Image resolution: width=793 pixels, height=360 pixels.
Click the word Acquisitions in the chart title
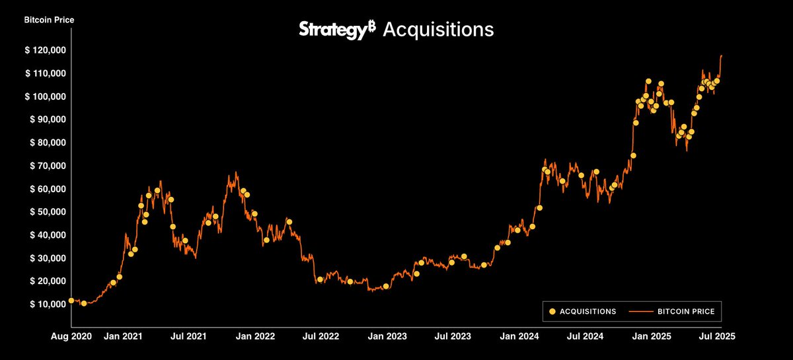pyautogui.click(x=438, y=30)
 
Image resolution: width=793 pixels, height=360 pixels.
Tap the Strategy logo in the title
pyautogui.click(x=338, y=30)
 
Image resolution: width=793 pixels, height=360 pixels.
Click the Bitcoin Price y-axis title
pyautogui.click(x=50, y=20)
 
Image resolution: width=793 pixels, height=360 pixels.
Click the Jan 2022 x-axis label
pyautogui.click(x=256, y=336)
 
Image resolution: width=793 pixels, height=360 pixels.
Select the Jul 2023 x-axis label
pyautogui.click(x=453, y=336)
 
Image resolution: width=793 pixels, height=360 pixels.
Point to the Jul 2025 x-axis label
pyautogui.click(x=716, y=336)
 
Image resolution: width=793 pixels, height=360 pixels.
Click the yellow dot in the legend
pyautogui.click(x=552, y=311)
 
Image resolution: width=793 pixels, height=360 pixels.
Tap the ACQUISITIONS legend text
pyautogui.click(x=587, y=311)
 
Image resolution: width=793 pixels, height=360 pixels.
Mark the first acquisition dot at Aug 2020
pyautogui.click(x=71, y=301)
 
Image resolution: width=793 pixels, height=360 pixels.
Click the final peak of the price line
pyautogui.click(x=721, y=55)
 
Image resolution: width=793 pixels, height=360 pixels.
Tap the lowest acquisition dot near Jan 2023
pyautogui.click(x=386, y=287)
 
